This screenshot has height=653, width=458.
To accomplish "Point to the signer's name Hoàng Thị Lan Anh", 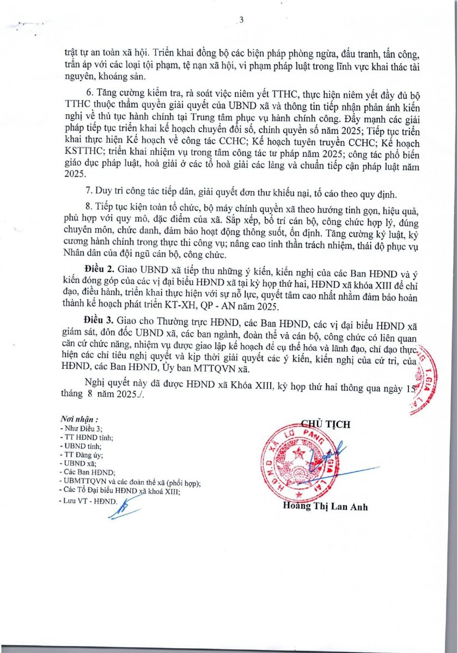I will (326, 507).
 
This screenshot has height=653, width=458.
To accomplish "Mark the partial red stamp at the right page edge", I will (423, 381).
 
